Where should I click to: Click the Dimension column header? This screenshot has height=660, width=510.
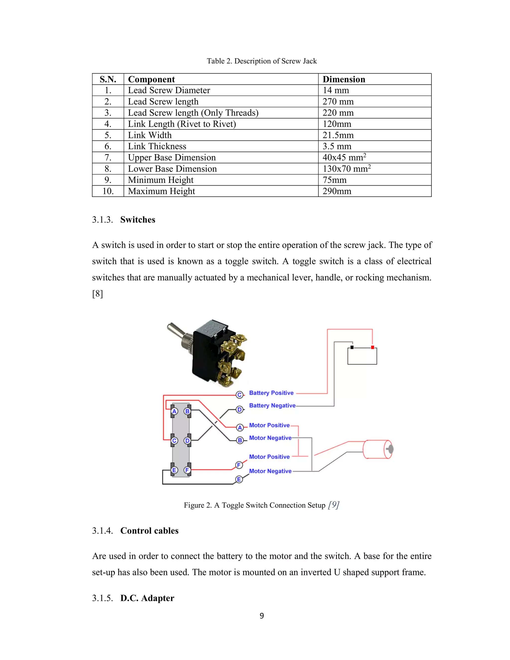[x=344, y=79]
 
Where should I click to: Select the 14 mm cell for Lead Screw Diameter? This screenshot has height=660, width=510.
[x=336, y=90]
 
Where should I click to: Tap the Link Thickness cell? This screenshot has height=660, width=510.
[x=157, y=146]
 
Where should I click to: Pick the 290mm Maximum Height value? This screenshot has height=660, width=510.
[x=337, y=191]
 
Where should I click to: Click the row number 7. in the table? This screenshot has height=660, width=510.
[x=108, y=157]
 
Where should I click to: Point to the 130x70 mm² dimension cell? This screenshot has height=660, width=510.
[x=346, y=169]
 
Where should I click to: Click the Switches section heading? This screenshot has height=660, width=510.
[x=137, y=220]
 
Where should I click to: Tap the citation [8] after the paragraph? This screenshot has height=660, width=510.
[x=97, y=294]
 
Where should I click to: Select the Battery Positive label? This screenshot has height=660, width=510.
[x=271, y=393]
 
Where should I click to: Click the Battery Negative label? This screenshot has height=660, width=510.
[x=272, y=405]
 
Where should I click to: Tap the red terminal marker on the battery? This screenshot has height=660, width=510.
[x=373, y=347]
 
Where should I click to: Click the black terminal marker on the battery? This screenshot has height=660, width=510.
[x=352, y=347]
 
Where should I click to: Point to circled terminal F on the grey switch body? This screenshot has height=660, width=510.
[x=187, y=470]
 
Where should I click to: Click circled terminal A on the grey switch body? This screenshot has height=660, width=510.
[x=174, y=411]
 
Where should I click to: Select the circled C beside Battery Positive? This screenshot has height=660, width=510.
[x=240, y=395]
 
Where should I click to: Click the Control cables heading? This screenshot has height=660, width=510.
[x=149, y=531]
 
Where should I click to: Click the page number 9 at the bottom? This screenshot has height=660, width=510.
[x=262, y=616]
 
